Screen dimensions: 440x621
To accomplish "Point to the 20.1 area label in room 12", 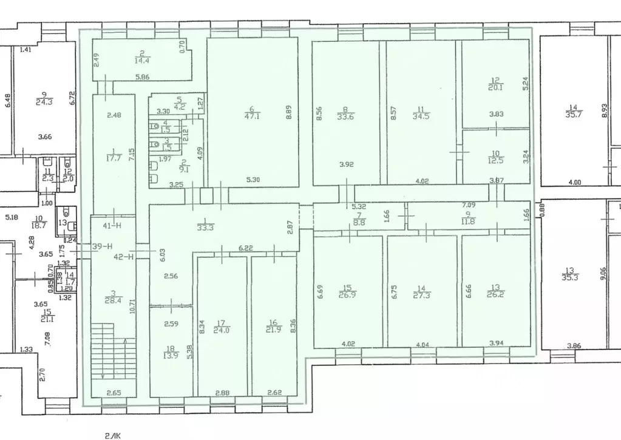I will [495, 86].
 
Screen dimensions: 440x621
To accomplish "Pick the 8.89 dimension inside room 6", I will [288, 113].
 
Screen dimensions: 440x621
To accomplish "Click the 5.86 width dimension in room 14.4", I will [143, 76].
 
